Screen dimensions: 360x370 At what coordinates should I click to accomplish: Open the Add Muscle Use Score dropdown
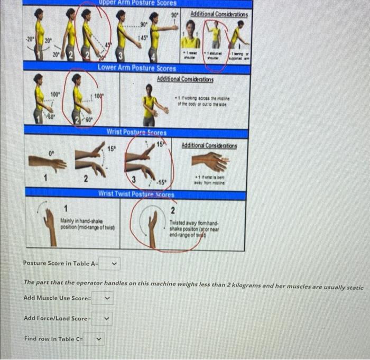103,298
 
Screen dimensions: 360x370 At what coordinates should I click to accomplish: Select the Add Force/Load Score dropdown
103,319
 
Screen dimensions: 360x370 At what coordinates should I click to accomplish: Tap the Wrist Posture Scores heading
136,132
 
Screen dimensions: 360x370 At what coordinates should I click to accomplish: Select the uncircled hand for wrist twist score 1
50,225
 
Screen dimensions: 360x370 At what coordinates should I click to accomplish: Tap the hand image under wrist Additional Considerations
213,162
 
